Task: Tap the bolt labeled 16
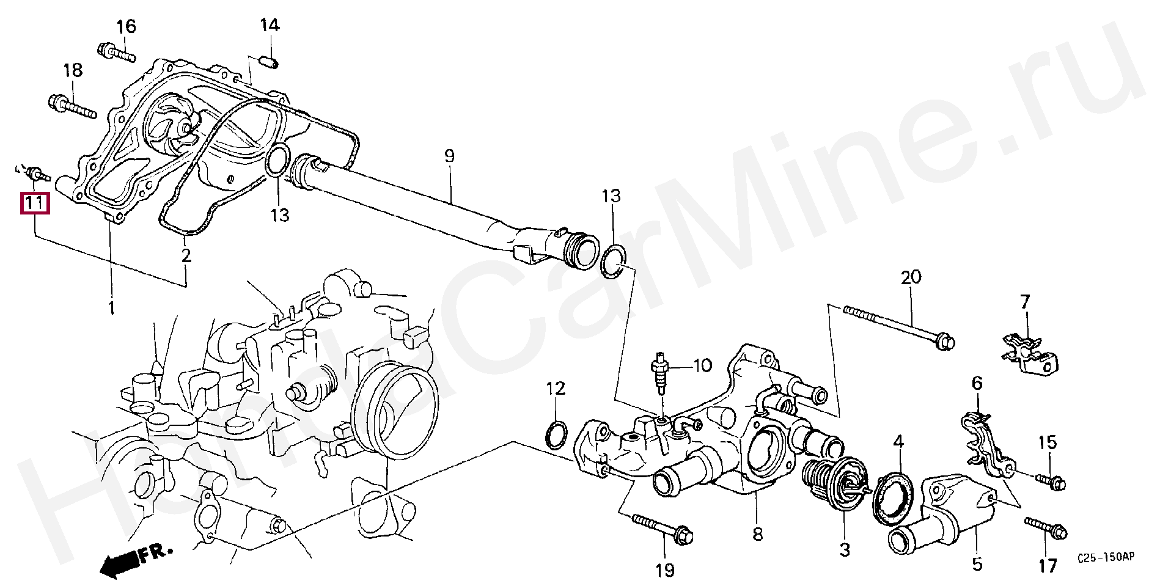tap(116, 53)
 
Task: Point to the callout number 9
tap(449, 155)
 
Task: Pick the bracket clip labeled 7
tap(1031, 357)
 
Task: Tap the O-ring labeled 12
tap(556, 434)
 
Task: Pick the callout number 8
tap(757, 535)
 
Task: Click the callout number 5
tap(977, 563)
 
